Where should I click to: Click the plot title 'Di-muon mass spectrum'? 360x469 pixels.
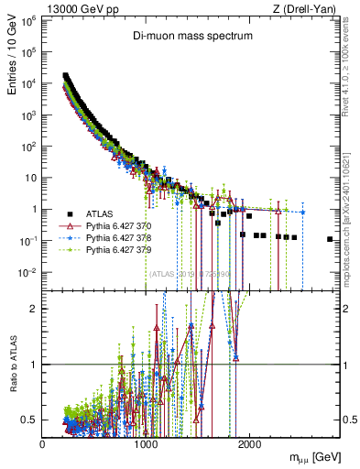190,37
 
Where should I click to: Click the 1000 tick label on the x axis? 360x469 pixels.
146,443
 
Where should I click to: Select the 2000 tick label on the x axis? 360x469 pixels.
248,443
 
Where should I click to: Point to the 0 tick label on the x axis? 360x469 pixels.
42,443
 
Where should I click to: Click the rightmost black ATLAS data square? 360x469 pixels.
330,239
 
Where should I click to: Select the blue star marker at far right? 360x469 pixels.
302,213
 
